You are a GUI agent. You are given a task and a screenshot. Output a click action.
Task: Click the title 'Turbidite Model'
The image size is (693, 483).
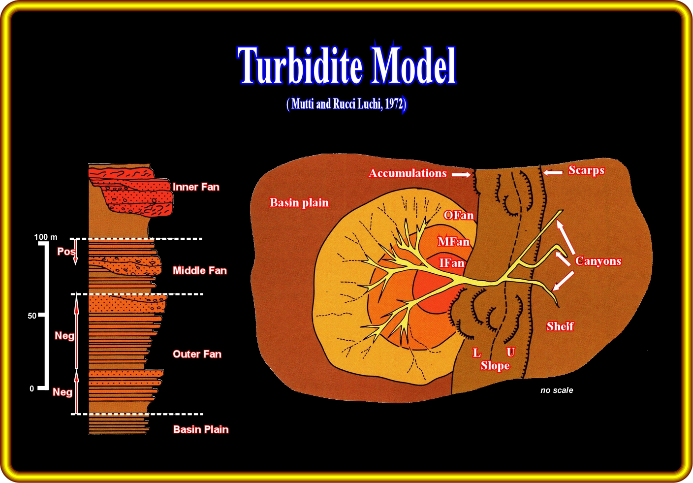pos(346,65)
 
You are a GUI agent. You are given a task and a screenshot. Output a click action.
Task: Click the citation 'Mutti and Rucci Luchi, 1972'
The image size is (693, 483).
pos(346,104)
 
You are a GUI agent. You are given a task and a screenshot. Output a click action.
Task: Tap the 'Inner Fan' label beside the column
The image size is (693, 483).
pos(196,187)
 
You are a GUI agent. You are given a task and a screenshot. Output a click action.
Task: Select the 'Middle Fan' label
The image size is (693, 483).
pos(200,270)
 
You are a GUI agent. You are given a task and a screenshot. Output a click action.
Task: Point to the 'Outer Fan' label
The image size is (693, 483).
pos(197,354)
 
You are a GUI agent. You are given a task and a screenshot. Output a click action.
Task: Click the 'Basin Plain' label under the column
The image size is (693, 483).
pos(201,429)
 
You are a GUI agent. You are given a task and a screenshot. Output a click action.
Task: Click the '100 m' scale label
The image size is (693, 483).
pos(45,237)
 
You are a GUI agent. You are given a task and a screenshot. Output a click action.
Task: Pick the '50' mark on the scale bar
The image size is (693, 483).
pos(32,316)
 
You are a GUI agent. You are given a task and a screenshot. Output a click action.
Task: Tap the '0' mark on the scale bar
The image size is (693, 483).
pos(32,389)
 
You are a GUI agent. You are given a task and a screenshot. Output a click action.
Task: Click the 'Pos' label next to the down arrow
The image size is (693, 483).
pos(65,252)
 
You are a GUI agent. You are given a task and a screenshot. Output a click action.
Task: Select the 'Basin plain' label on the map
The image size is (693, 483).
pos(299,203)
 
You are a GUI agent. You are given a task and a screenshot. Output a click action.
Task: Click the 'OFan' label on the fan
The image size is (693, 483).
pos(458,216)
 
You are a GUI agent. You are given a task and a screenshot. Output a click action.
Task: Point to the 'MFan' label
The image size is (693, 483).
pos(453,242)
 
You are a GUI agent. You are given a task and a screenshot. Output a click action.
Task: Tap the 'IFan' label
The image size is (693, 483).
pos(451,263)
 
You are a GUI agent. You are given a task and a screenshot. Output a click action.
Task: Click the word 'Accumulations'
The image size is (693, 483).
pos(408,173)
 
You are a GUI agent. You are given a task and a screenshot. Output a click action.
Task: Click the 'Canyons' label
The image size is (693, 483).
pos(598,261)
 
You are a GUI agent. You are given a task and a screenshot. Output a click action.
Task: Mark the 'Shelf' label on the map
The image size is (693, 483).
pos(560,326)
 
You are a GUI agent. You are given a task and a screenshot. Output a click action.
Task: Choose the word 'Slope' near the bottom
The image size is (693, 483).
pos(495,366)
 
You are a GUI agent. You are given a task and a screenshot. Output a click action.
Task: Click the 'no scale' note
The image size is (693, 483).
pos(557,390)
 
